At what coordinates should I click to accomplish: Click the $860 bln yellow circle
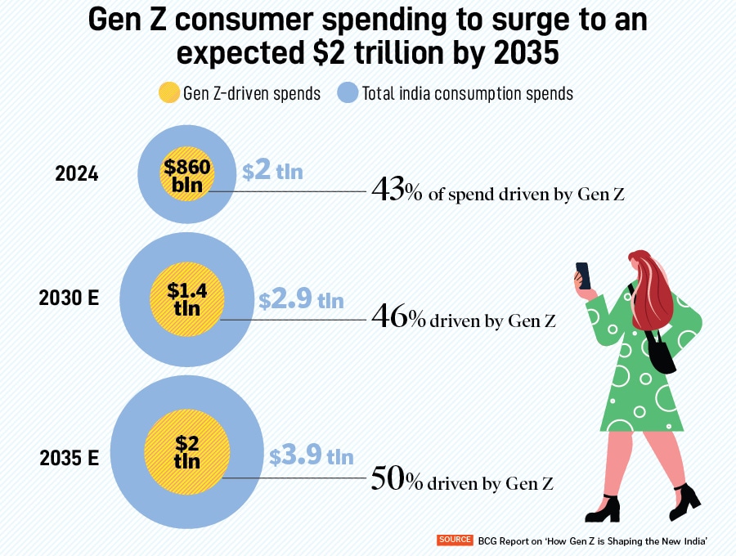pyautogui.click(x=187, y=174)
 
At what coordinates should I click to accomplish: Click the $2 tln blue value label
pyautogui.click(x=272, y=172)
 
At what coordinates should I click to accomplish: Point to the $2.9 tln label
pyautogui.click(x=301, y=299)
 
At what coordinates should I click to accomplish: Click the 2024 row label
pyautogui.click(x=77, y=173)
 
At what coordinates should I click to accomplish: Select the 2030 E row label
pyautogui.click(x=69, y=298)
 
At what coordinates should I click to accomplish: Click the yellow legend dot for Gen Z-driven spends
pyautogui.click(x=168, y=93)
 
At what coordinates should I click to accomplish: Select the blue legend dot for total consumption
pyautogui.click(x=347, y=93)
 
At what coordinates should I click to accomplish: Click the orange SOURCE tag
pyautogui.click(x=456, y=540)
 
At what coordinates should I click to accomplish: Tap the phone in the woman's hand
pyautogui.click(x=583, y=276)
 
